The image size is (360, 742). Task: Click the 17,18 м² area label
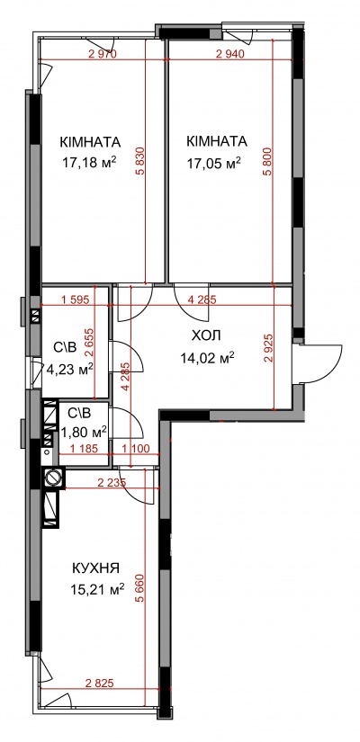pyautogui.click(x=89, y=164)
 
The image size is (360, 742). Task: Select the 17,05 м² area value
pyautogui.click(x=214, y=164)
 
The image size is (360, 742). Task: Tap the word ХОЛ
pyautogui.click(x=206, y=336)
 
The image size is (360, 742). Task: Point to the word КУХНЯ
pyautogui.click(x=95, y=568)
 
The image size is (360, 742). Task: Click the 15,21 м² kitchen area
pyautogui.click(x=97, y=589)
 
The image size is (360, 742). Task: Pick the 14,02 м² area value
pyautogui.click(x=208, y=358)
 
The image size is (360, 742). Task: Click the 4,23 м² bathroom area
pyautogui.click(x=69, y=369)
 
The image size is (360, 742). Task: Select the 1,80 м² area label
pyautogui.click(x=84, y=432)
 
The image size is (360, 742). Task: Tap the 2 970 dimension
pyautogui.click(x=103, y=54)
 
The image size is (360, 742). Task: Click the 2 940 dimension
pyautogui.click(x=229, y=54)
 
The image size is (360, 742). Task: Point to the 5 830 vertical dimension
pyautogui.click(x=140, y=162)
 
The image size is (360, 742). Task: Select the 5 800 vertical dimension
pyautogui.click(x=268, y=162)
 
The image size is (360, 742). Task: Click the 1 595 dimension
pyautogui.click(x=76, y=299)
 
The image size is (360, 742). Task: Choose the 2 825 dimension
pyautogui.click(x=100, y=684)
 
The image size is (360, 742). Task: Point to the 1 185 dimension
pyautogui.click(x=84, y=448)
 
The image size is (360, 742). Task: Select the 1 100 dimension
pyautogui.click(x=136, y=448)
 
